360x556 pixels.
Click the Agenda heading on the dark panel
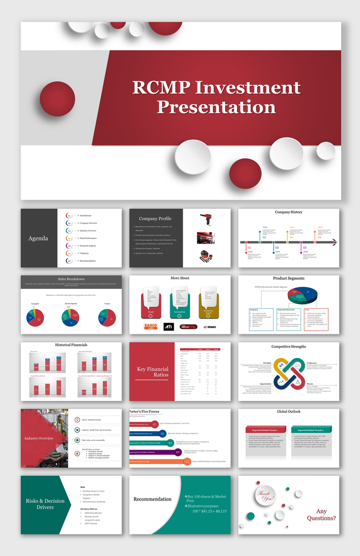(x=38, y=238)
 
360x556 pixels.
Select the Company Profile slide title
(x=155, y=219)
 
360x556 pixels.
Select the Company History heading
(x=289, y=212)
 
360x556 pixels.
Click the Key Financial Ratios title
(x=153, y=372)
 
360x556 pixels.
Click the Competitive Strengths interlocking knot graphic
(x=289, y=374)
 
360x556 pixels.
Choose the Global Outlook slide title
(x=289, y=412)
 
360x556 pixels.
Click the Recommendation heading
(x=153, y=499)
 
